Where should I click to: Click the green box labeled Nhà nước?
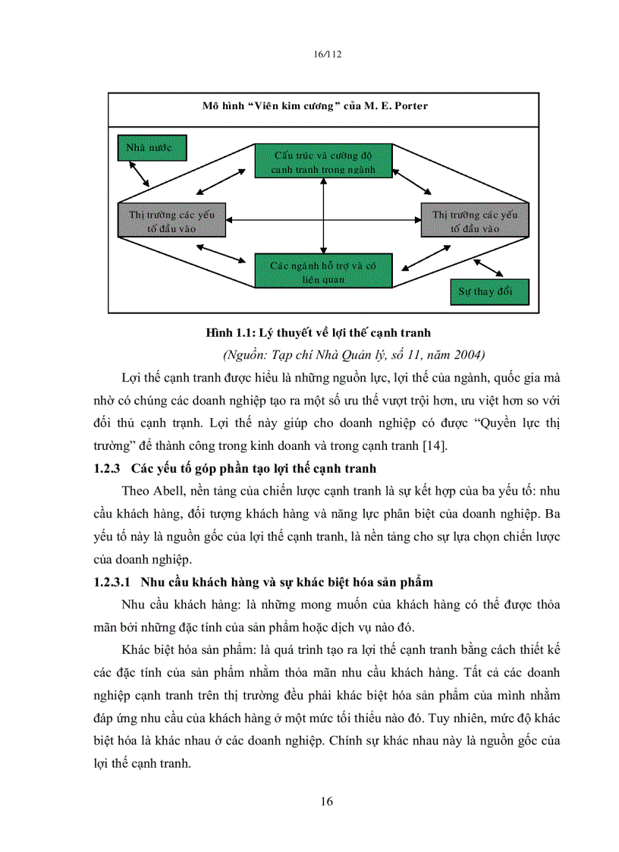pos(152,147)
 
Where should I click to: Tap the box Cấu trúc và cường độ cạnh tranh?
pos(323,162)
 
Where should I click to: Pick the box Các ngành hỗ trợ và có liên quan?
pos(323,272)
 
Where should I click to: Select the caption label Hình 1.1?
pos(231,333)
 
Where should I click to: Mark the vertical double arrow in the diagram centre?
pos(324,216)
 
